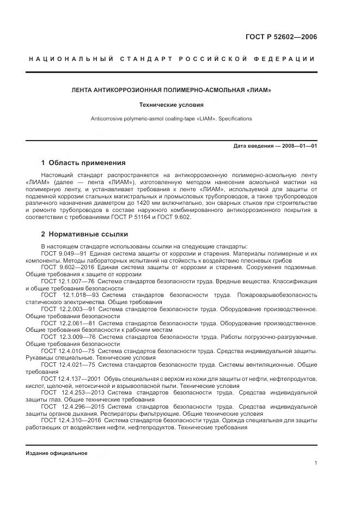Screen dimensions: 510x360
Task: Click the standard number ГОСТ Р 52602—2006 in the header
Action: [282, 37]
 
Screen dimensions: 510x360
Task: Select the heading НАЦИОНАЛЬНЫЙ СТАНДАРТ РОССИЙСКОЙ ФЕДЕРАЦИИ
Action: [172, 59]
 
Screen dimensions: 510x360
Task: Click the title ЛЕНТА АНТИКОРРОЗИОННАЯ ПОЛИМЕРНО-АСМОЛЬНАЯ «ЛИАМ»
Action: [172, 89]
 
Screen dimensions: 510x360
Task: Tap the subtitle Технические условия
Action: [172, 104]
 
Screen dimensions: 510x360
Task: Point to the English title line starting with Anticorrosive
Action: [172, 118]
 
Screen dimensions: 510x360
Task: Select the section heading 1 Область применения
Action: [83, 162]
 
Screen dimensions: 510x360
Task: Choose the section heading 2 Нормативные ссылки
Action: [84, 234]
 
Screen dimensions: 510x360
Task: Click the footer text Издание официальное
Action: [57, 453]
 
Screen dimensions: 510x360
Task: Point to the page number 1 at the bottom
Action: [315, 463]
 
